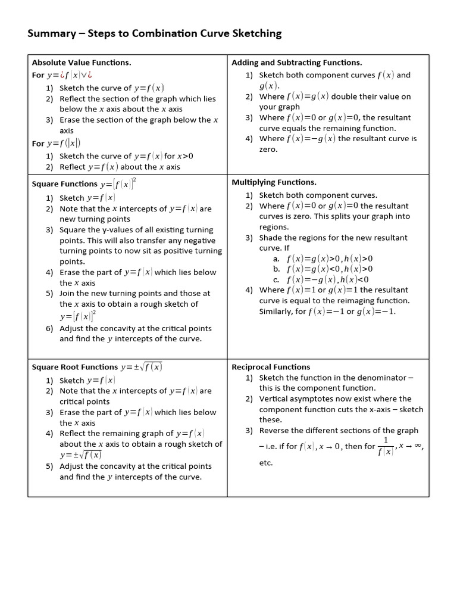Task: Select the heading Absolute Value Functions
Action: [x=82, y=63]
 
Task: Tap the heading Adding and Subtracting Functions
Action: [x=296, y=63]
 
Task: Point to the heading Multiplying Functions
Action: [x=274, y=182]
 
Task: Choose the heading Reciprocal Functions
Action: [x=271, y=367]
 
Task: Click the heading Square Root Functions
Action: [x=75, y=368]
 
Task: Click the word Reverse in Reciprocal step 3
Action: [x=274, y=431]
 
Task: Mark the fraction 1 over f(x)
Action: [x=386, y=446]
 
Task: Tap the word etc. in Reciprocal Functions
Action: [x=266, y=463]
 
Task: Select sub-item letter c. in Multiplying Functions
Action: [x=276, y=279]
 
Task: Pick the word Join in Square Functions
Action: [x=68, y=294]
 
